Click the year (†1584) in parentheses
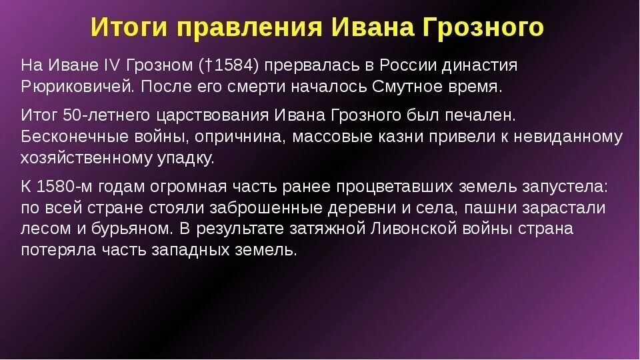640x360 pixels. click(233, 66)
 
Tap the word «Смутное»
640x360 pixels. click(406, 87)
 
